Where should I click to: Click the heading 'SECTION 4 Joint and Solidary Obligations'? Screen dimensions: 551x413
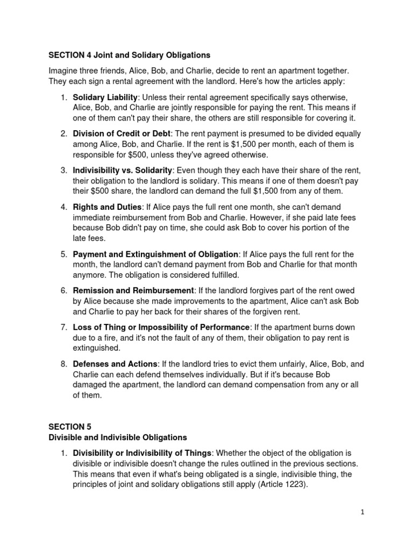coord(129,55)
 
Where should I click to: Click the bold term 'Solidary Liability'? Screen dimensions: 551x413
coord(105,97)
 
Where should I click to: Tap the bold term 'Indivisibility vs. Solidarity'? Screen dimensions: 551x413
coord(123,170)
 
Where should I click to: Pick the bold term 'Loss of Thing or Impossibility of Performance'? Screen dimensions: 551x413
coord(161,327)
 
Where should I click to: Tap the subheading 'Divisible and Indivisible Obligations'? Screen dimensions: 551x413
coord(117,437)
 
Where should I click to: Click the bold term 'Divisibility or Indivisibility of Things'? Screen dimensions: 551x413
coord(143,453)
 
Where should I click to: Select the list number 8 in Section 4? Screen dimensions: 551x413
coord(63,364)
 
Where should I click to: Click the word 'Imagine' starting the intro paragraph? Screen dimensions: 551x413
coord(63,70)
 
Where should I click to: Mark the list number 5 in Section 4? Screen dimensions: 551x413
coord(63,254)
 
